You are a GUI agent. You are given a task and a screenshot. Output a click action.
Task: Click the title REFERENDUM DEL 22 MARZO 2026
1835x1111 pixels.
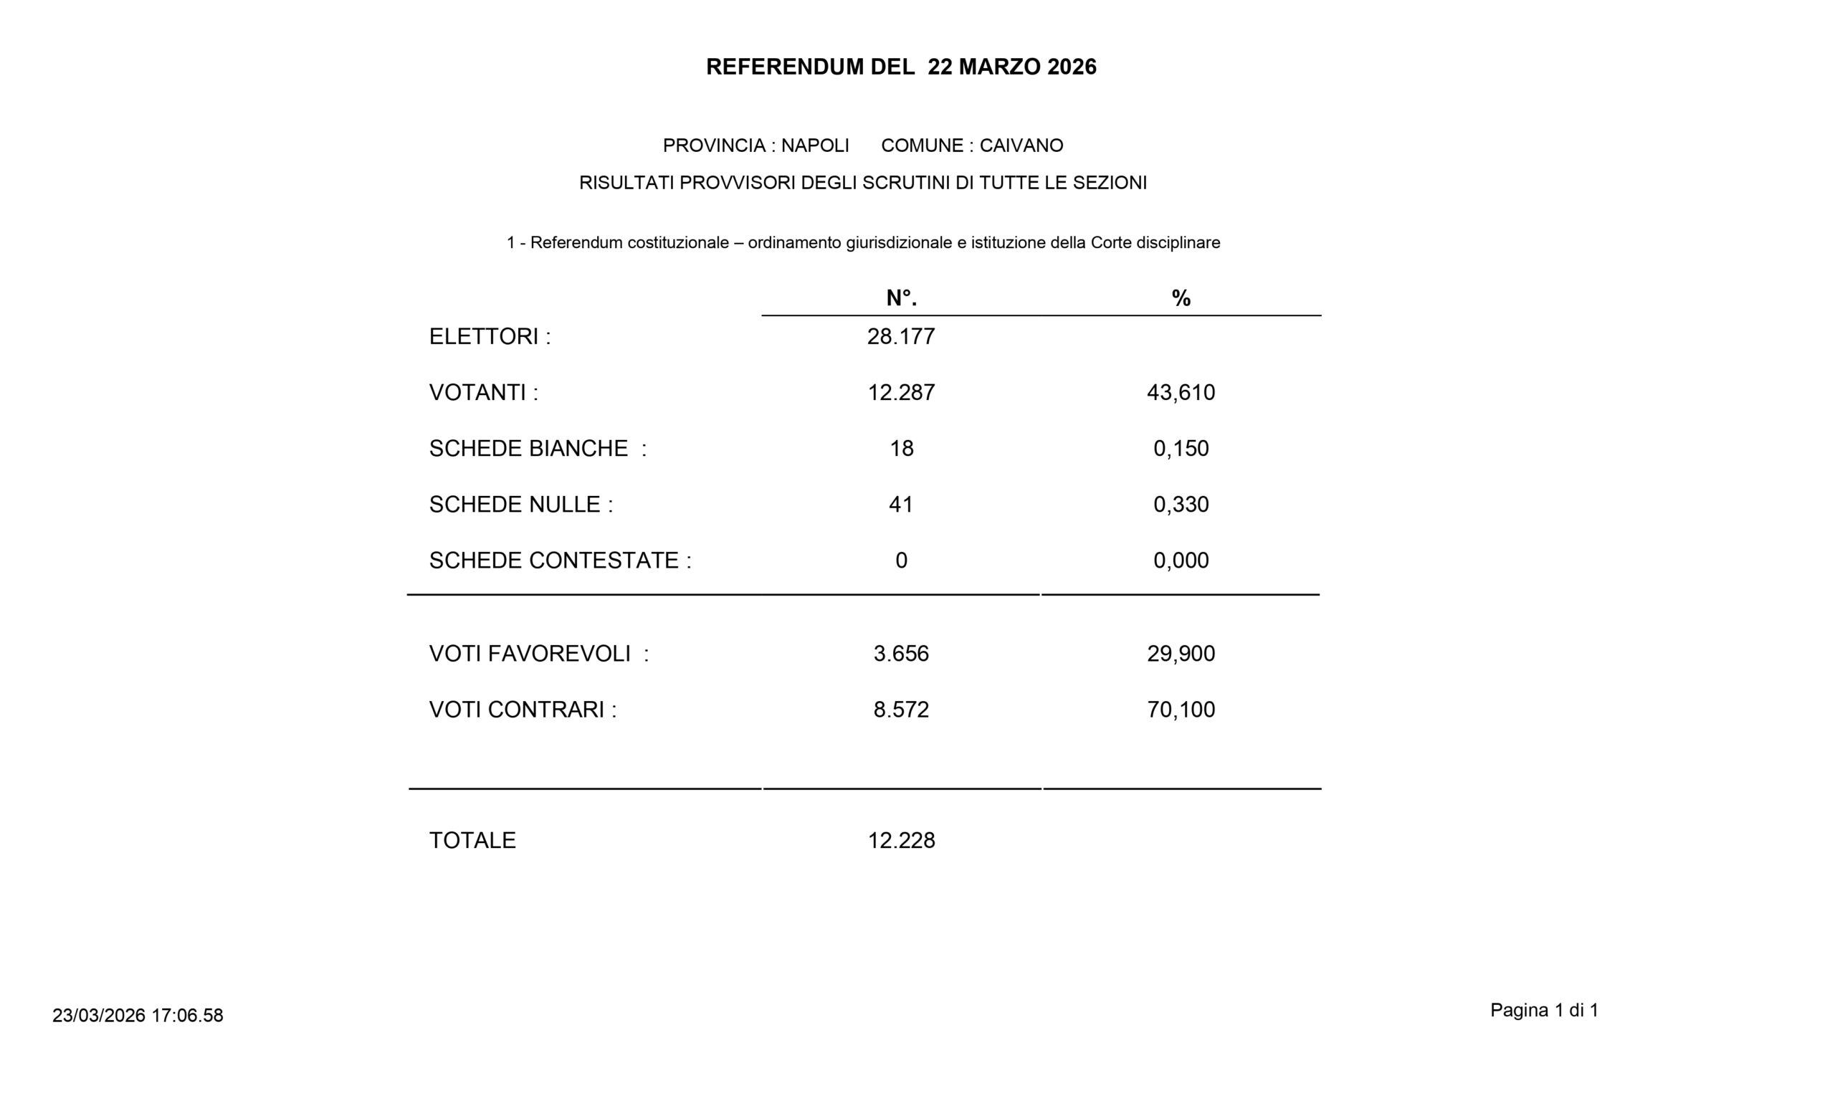pyautogui.click(x=901, y=67)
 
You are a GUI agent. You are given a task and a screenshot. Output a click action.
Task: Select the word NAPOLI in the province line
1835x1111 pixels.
pyautogui.click(x=815, y=146)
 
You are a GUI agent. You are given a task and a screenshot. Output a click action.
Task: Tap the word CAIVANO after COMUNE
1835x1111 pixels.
pyautogui.click(x=1021, y=146)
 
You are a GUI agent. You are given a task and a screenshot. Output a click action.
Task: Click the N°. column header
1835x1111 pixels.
pyautogui.click(x=901, y=299)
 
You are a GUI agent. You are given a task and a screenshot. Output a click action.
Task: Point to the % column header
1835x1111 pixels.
pyautogui.click(x=1181, y=299)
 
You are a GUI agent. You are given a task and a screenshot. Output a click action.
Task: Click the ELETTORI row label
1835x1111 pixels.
pyautogui.click(x=490, y=337)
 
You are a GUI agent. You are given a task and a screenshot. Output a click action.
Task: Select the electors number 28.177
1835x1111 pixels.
pyautogui.click(x=901, y=337)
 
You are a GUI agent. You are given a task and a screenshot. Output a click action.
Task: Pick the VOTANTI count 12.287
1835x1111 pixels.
pyautogui.click(x=901, y=392)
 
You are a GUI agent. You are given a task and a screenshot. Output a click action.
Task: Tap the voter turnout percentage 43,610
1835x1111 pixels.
pyautogui.click(x=1181, y=392)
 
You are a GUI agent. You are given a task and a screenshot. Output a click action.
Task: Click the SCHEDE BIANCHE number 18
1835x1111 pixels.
pyautogui.click(x=901, y=448)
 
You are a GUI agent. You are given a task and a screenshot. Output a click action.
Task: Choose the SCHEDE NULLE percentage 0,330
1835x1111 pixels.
pyautogui.click(x=1181, y=504)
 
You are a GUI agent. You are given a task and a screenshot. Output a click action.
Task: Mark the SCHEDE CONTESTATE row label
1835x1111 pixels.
pyautogui.click(x=560, y=560)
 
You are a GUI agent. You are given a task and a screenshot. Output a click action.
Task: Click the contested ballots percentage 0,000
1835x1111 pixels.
pyautogui.click(x=1181, y=560)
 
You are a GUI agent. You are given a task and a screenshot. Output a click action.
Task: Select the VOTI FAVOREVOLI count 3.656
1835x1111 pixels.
pyautogui.click(x=901, y=653)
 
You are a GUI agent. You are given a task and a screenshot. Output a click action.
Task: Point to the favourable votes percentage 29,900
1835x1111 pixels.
pyautogui.click(x=1181, y=653)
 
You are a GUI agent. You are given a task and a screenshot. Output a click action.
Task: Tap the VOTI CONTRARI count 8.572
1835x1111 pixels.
pyautogui.click(x=901, y=710)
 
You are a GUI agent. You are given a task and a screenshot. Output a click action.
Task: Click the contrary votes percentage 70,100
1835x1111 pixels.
pyautogui.click(x=1181, y=710)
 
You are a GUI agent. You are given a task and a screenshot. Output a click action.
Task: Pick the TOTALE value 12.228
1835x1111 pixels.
pyautogui.click(x=901, y=840)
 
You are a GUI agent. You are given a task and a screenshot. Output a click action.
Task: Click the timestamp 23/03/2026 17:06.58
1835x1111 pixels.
pyautogui.click(x=138, y=1016)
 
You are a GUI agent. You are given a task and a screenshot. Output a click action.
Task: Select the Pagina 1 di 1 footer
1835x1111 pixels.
pyautogui.click(x=1544, y=1011)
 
